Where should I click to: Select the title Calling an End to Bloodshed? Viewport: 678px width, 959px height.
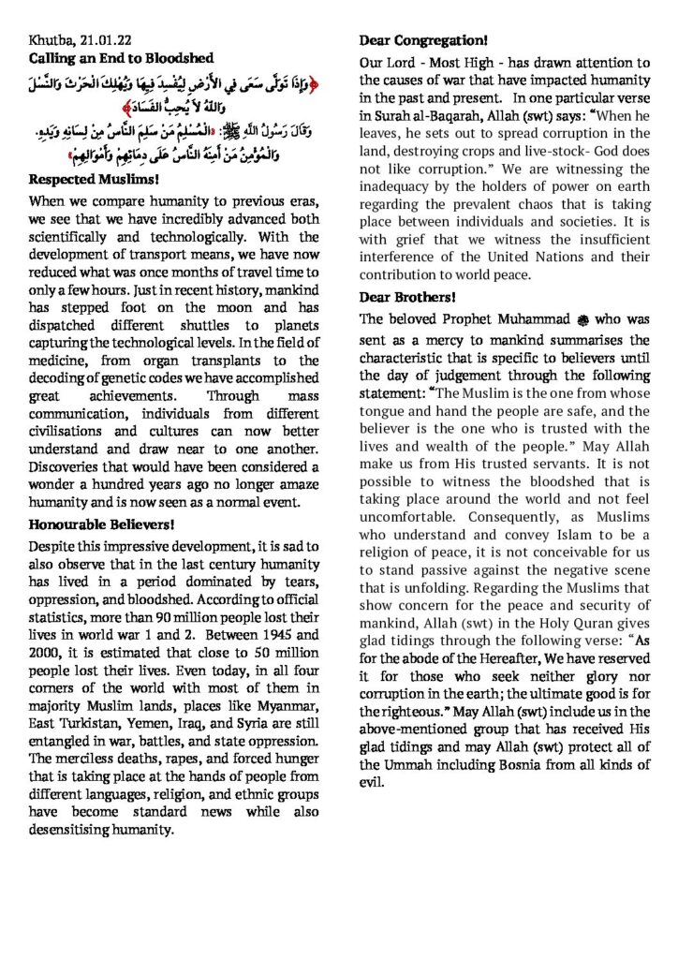pyautogui.click(x=123, y=58)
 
